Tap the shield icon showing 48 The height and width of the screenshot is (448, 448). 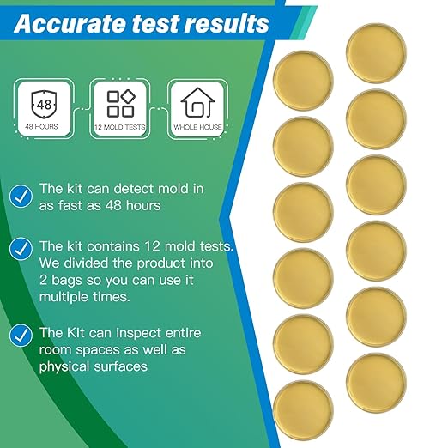click(42, 106)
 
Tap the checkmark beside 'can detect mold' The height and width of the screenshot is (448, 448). click(21, 196)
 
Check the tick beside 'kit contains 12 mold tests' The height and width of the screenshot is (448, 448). click(21, 250)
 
